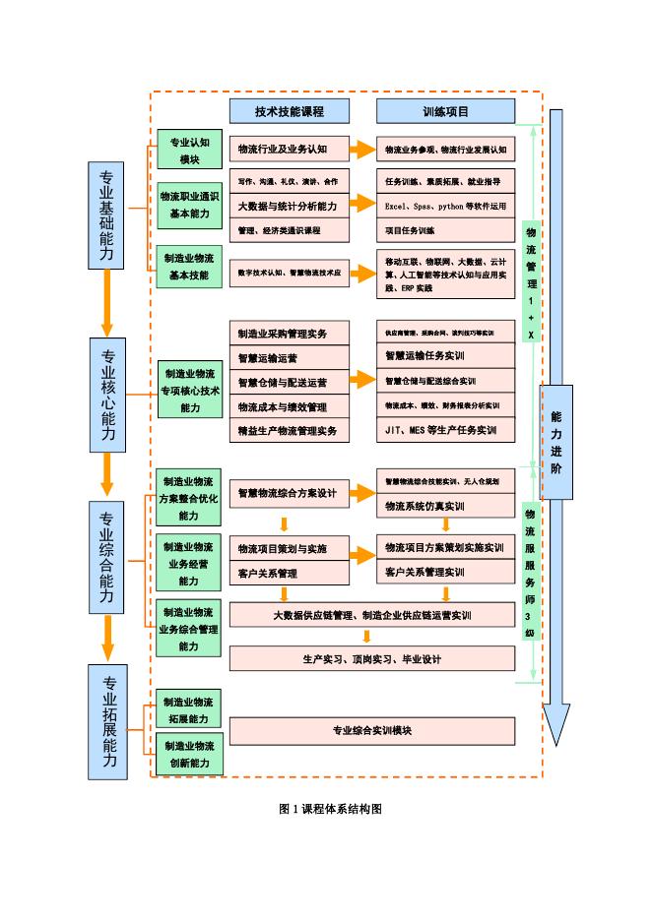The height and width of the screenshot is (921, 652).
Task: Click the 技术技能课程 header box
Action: (x=289, y=111)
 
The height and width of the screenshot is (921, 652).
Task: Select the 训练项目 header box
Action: (x=445, y=111)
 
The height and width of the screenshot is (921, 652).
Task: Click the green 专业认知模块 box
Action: (x=189, y=150)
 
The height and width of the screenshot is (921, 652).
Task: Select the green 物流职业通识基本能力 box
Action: (x=189, y=205)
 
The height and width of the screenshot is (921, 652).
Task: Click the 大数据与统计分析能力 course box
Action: (x=290, y=206)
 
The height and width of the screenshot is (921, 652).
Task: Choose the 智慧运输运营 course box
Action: (x=290, y=357)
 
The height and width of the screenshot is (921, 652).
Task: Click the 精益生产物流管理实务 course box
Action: (x=290, y=430)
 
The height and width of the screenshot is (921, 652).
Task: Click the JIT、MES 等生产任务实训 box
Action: (x=445, y=430)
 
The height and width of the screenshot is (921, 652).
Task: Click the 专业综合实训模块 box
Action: (x=372, y=731)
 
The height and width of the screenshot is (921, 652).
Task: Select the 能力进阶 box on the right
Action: (x=556, y=442)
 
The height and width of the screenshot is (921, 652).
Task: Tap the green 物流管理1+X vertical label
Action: (x=531, y=281)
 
